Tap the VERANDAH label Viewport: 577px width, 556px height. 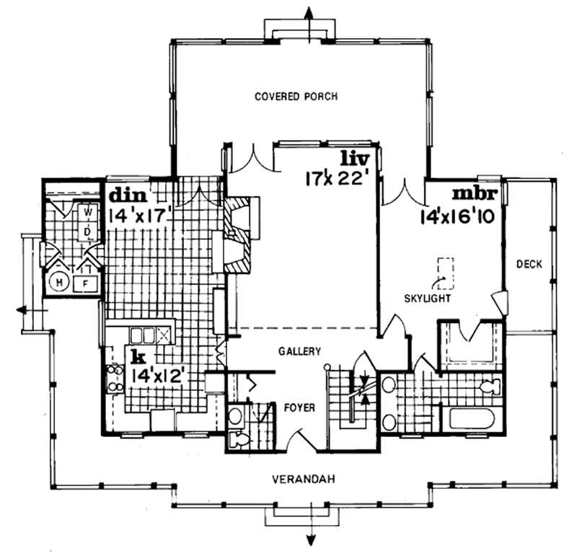tap(301, 479)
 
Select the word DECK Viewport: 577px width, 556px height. tap(529, 264)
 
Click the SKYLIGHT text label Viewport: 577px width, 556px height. tap(428, 297)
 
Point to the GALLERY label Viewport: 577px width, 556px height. tap(299, 351)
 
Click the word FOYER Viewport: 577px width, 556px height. tap(299, 407)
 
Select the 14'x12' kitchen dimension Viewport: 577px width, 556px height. tap(159, 374)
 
